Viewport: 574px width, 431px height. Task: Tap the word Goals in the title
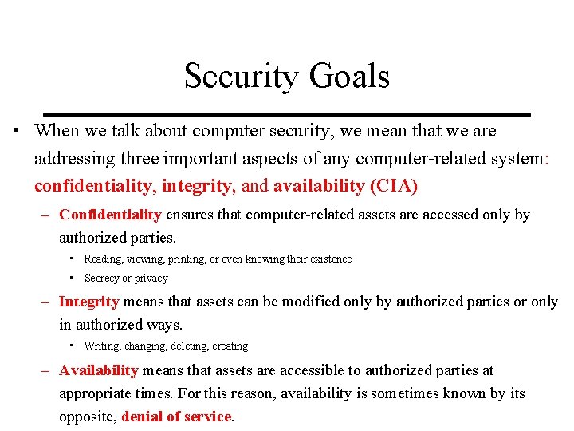pos(349,77)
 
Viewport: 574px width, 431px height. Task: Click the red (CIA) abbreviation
pos(394,186)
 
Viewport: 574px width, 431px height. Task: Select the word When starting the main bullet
pos(57,130)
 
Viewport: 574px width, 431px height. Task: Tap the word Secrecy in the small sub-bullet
pos(101,279)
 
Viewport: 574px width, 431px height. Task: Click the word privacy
pos(151,279)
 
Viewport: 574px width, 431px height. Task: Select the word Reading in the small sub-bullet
pos(102,259)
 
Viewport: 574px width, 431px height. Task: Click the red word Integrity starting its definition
pos(88,302)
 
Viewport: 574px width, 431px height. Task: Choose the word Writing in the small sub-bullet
pos(100,346)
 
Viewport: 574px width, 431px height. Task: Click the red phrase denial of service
pos(176,417)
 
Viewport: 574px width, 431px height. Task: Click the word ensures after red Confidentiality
pos(190,215)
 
